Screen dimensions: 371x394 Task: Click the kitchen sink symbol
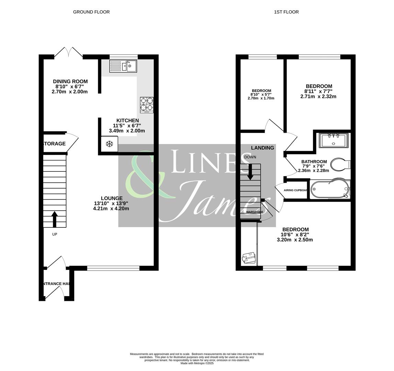tap(123, 66)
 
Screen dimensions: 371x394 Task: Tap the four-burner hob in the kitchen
tap(147, 105)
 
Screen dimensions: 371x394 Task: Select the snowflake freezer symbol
tap(109, 144)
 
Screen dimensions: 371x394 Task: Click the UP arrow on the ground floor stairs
tap(54, 219)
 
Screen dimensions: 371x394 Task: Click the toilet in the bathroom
tap(339, 164)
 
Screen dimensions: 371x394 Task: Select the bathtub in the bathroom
tap(329, 190)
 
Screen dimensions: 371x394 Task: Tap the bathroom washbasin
tap(333, 140)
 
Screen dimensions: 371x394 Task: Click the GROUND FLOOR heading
tap(91, 12)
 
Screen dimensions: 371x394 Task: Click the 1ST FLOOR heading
tap(286, 12)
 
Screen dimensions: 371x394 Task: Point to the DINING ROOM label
tap(70, 81)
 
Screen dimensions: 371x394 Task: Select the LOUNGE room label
tap(112, 198)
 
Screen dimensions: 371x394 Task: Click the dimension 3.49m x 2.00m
tap(127, 131)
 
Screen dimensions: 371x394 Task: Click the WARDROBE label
tap(255, 212)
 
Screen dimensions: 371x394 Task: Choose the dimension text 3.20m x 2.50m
tap(295, 240)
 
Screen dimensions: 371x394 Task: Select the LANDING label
tap(262, 148)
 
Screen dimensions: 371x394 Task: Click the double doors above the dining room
tap(68, 52)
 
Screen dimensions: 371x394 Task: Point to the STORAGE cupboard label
tap(54, 144)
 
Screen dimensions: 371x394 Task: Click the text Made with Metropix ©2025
tap(197, 363)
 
